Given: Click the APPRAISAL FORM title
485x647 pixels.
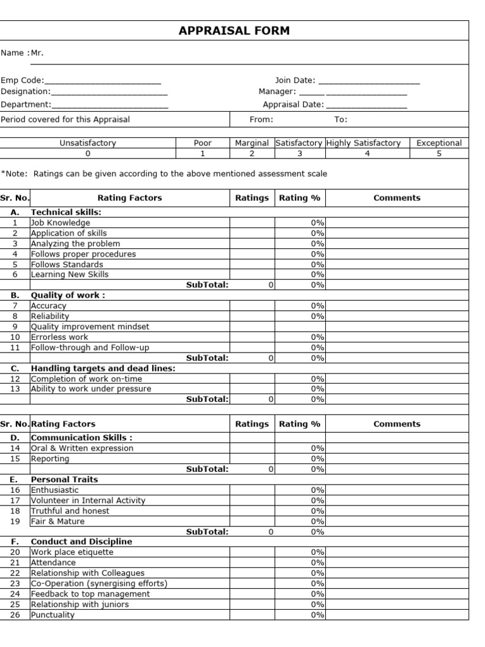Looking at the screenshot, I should (234, 31).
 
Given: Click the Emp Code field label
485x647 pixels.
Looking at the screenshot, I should (22, 80).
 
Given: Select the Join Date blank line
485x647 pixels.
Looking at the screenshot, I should (369, 82).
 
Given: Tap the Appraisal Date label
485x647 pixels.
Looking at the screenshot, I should (293, 105).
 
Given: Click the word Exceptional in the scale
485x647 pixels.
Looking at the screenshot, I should (439, 143).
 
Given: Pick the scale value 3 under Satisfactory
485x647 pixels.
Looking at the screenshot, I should (299, 153).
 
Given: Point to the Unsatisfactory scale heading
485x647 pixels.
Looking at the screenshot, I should (88, 143).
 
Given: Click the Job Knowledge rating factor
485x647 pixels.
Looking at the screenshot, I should (61, 222).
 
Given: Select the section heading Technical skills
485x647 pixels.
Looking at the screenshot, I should (66, 212).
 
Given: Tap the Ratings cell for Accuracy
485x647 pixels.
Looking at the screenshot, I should (252, 306).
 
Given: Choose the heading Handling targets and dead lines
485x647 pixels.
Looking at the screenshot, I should (103, 368).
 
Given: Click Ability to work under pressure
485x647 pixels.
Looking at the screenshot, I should (91, 389).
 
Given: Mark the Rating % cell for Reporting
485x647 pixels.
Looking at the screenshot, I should (300, 459).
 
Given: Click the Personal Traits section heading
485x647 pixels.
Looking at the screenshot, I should (64, 480).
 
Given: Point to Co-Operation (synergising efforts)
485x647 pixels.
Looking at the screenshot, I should (99, 583).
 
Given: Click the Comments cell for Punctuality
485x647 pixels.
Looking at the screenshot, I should (397, 615).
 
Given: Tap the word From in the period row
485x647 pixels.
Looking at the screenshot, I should (261, 119).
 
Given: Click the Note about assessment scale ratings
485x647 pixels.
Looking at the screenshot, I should (164, 174).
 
